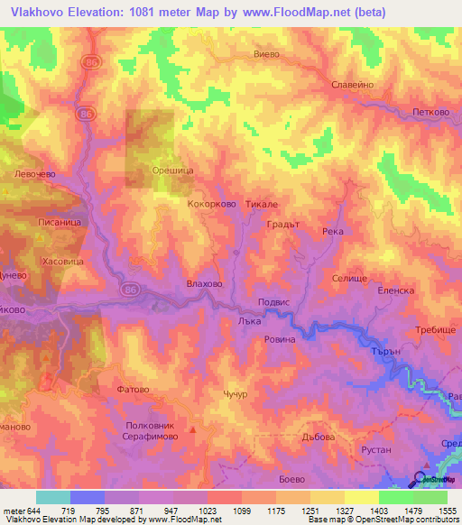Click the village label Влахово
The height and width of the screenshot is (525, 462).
click(x=204, y=283)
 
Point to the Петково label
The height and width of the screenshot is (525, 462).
click(x=431, y=113)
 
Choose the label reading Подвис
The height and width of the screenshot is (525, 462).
click(x=273, y=302)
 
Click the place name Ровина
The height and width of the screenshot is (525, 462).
click(x=280, y=339)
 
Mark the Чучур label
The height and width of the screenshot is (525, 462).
click(x=234, y=395)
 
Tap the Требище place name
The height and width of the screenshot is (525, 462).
click(x=435, y=331)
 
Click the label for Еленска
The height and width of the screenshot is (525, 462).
click(x=395, y=290)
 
